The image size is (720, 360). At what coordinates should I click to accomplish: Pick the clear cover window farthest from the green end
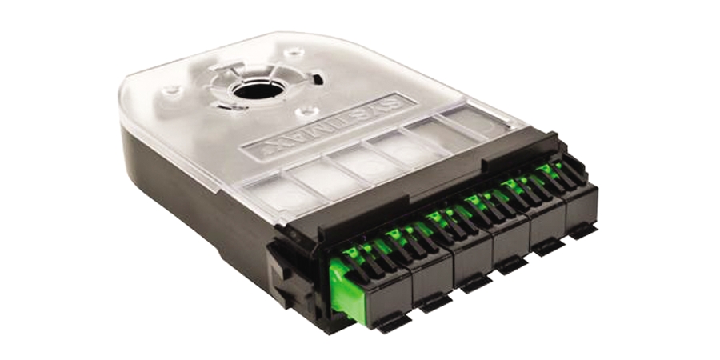[x=472, y=120]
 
